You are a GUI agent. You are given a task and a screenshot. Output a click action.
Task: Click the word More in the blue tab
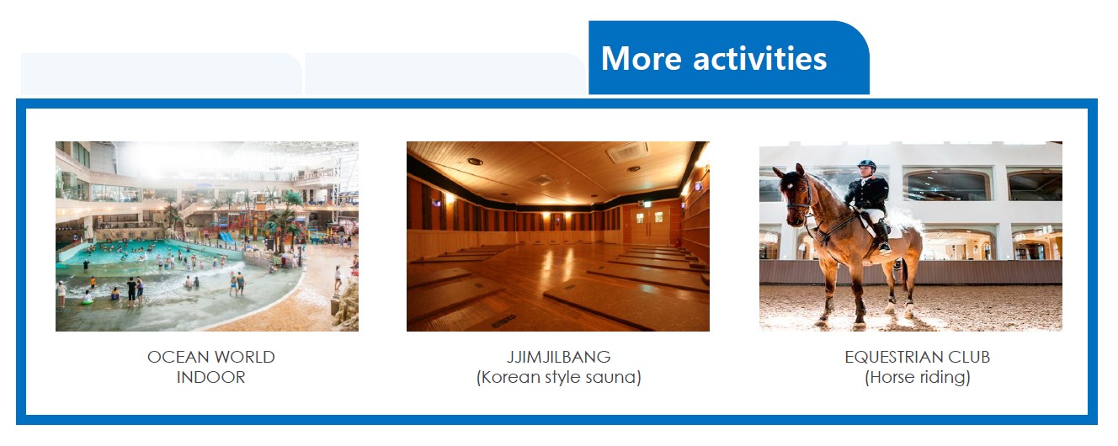coord(642,59)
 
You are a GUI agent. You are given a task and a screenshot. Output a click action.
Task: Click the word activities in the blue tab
coord(759,58)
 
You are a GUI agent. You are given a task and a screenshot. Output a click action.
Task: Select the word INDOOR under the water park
coord(211,377)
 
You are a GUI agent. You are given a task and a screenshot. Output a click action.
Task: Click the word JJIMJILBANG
coord(558,357)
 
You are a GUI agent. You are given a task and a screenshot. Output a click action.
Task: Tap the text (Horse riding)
coord(918,377)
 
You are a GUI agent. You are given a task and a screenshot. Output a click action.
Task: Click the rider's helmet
coord(867,164)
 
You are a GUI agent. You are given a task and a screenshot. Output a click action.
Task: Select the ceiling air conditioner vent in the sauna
coord(628,151)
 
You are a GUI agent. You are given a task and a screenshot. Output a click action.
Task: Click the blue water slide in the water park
coord(227,237)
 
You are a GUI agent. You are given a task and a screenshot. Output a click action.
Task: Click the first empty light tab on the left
coord(161,73)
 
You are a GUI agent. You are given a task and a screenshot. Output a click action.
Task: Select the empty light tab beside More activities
coord(445,73)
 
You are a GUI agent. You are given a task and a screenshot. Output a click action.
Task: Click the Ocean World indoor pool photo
coord(207,236)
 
